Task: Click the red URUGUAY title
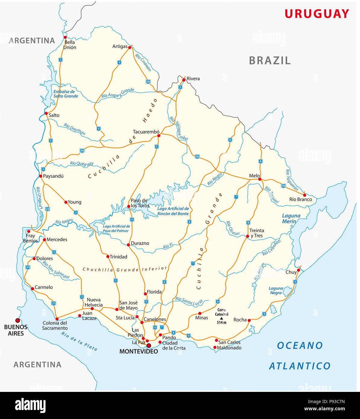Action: (x=317, y=14)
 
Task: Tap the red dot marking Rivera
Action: (x=184, y=80)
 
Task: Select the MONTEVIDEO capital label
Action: (x=139, y=351)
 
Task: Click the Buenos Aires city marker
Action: (x=17, y=320)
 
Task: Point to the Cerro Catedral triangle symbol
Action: (x=222, y=318)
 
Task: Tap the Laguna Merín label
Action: (x=291, y=219)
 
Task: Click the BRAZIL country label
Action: (x=270, y=61)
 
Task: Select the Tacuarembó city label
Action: (x=146, y=132)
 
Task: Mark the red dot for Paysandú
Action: (x=41, y=176)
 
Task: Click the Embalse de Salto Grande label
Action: (x=65, y=94)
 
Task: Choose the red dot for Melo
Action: (x=260, y=179)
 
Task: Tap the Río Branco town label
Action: (x=300, y=199)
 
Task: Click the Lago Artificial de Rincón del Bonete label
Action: (x=173, y=211)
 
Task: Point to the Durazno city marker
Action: (x=128, y=245)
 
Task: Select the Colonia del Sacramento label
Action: (x=55, y=326)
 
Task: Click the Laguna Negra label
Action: (x=276, y=291)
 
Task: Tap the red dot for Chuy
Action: (x=298, y=270)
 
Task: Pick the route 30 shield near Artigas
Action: (x=148, y=82)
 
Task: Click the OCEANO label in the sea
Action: (x=300, y=345)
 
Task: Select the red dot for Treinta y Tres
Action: (x=248, y=236)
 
